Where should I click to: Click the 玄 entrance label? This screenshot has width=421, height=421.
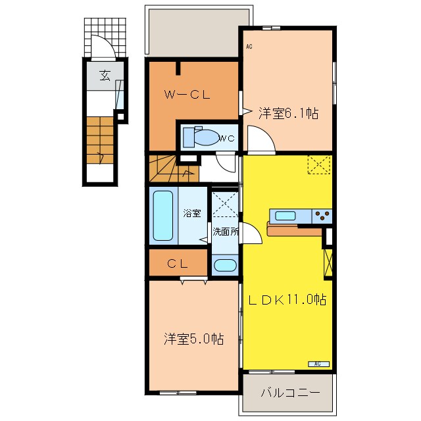[105, 76]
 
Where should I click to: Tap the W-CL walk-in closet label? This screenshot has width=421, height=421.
[187, 95]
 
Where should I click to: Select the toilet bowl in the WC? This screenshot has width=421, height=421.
[206, 137]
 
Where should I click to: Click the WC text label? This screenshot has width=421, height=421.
[227, 139]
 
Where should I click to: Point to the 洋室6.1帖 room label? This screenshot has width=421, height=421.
[289, 113]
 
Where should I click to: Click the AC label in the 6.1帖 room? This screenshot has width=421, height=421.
[249, 47]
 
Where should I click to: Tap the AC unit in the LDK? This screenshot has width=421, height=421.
[318, 364]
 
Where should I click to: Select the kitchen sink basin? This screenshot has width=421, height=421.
[285, 216]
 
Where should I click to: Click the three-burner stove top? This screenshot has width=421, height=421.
[322, 216]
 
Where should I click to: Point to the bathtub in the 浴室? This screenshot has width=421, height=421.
[162, 216]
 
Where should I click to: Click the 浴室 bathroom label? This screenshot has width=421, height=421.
[192, 213]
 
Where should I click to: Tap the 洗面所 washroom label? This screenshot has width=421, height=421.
[226, 232]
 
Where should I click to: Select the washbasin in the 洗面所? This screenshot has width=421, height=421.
[225, 265]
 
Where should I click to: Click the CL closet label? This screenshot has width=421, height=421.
[178, 264]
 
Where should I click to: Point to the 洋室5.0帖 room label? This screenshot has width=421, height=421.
[194, 339]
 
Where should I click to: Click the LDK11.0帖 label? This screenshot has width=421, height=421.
[287, 299]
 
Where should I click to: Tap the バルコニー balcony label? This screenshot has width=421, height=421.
[291, 393]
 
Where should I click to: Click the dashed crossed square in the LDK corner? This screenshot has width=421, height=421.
[319, 164]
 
